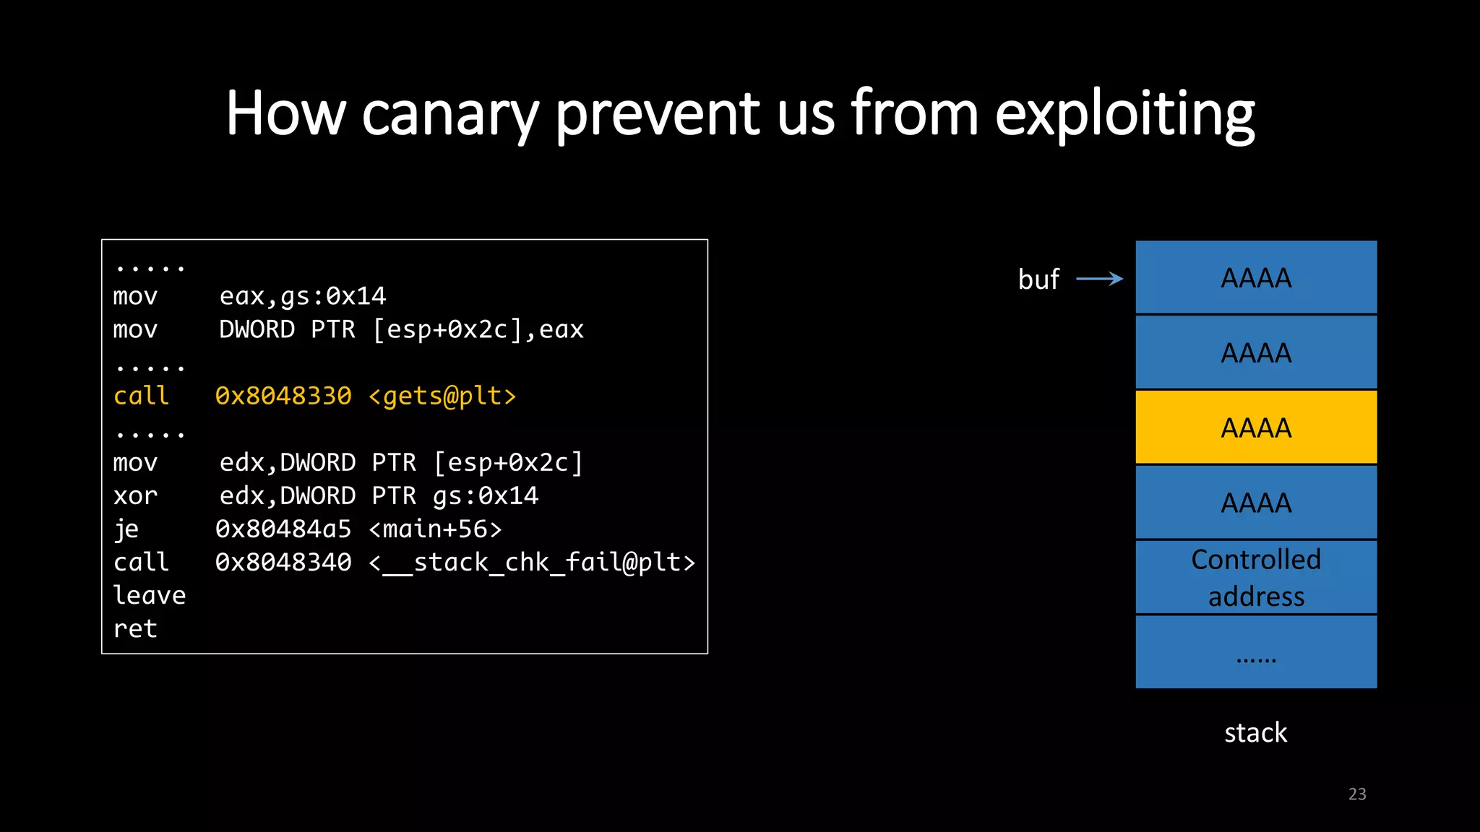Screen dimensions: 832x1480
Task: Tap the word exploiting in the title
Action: (1124, 114)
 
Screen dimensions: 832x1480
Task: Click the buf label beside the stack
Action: (1038, 279)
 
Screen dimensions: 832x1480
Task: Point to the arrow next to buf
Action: (1099, 279)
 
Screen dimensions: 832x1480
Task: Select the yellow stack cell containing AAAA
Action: (1256, 428)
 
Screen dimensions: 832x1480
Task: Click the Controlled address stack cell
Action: (1256, 578)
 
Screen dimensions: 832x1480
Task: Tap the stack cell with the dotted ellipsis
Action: (1256, 652)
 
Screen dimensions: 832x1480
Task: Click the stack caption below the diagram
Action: (1255, 733)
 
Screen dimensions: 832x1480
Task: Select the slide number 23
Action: (1356, 794)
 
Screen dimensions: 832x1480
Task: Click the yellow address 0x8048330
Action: (283, 396)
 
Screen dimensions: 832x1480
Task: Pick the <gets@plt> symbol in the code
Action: (442, 396)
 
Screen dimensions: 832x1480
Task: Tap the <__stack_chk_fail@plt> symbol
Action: (532, 562)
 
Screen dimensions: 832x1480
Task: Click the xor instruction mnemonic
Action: (135, 495)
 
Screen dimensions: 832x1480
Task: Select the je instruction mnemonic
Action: (126, 529)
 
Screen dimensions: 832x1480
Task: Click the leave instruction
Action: (150, 595)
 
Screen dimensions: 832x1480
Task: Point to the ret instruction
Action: (135, 628)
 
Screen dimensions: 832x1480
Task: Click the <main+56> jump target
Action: (435, 529)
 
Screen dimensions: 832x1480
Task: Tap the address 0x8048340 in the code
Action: (283, 562)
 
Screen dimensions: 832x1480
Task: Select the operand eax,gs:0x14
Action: (303, 296)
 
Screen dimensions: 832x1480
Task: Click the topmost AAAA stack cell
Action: (1256, 278)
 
